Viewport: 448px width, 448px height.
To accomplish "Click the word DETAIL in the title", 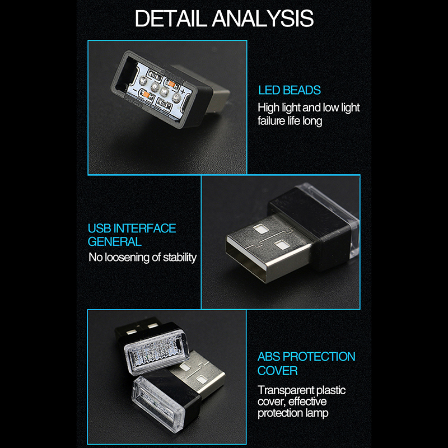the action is click(x=170, y=18).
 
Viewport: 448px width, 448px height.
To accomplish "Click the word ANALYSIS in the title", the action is click(x=263, y=18).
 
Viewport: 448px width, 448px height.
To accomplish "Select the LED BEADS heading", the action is click(x=289, y=90).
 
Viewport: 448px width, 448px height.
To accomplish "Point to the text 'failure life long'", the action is click(x=290, y=121).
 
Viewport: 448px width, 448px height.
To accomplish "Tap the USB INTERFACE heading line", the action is click(x=132, y=228).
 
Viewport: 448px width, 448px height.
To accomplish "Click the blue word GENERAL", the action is click(x=115, y=242).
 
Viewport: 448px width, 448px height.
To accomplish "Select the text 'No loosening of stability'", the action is click(x=143, y=257).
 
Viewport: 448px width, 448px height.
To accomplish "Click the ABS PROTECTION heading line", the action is click(x=306, y=357).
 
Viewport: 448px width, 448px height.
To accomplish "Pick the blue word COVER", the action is click(x=277, y=371).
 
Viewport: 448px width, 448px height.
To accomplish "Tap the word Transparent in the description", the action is click(x=286, y=390).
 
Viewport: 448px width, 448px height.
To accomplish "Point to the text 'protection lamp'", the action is click(x=293, y=413).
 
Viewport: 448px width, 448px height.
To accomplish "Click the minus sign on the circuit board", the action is click(x=134, y=89).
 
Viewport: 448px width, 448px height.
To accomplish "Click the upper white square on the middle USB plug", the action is click(x=260, y=229).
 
